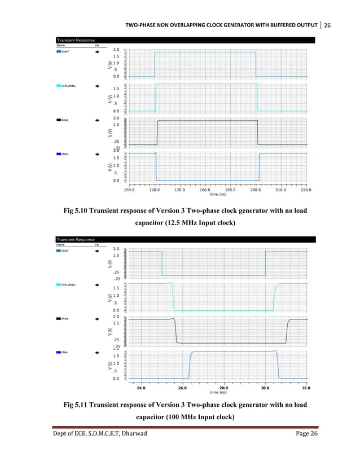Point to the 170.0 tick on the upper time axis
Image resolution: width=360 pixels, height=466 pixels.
point(180,190)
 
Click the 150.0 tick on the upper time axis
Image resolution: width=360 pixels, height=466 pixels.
point(129,190)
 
